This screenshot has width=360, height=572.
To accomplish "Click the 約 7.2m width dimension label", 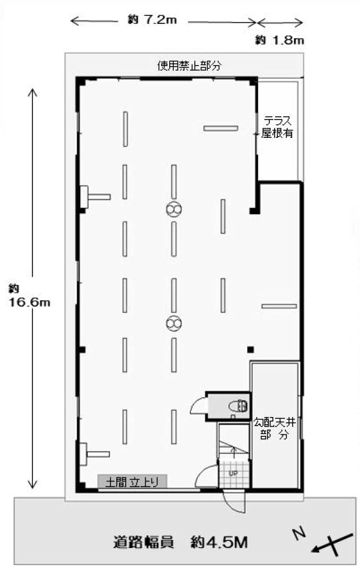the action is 152,20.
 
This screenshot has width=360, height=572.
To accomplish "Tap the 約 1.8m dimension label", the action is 279,40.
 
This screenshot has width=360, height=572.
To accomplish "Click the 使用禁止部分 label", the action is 189,66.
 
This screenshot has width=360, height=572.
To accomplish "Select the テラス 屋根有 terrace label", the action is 277,126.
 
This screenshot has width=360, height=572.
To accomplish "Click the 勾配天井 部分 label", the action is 275,428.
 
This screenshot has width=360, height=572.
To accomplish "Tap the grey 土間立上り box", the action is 132,481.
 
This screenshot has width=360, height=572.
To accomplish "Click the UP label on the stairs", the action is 233,473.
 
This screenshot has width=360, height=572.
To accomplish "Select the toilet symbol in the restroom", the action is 238,406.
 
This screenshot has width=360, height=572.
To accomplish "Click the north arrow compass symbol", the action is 332,545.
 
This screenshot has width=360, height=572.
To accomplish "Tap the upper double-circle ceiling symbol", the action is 174,209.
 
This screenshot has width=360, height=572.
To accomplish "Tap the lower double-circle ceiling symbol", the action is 174,324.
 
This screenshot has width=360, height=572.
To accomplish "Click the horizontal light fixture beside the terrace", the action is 220,128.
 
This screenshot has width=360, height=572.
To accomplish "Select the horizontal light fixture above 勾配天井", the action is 279,307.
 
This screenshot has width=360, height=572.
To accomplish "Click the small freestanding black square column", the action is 250,350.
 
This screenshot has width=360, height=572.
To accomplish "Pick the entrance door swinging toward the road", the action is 235,502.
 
